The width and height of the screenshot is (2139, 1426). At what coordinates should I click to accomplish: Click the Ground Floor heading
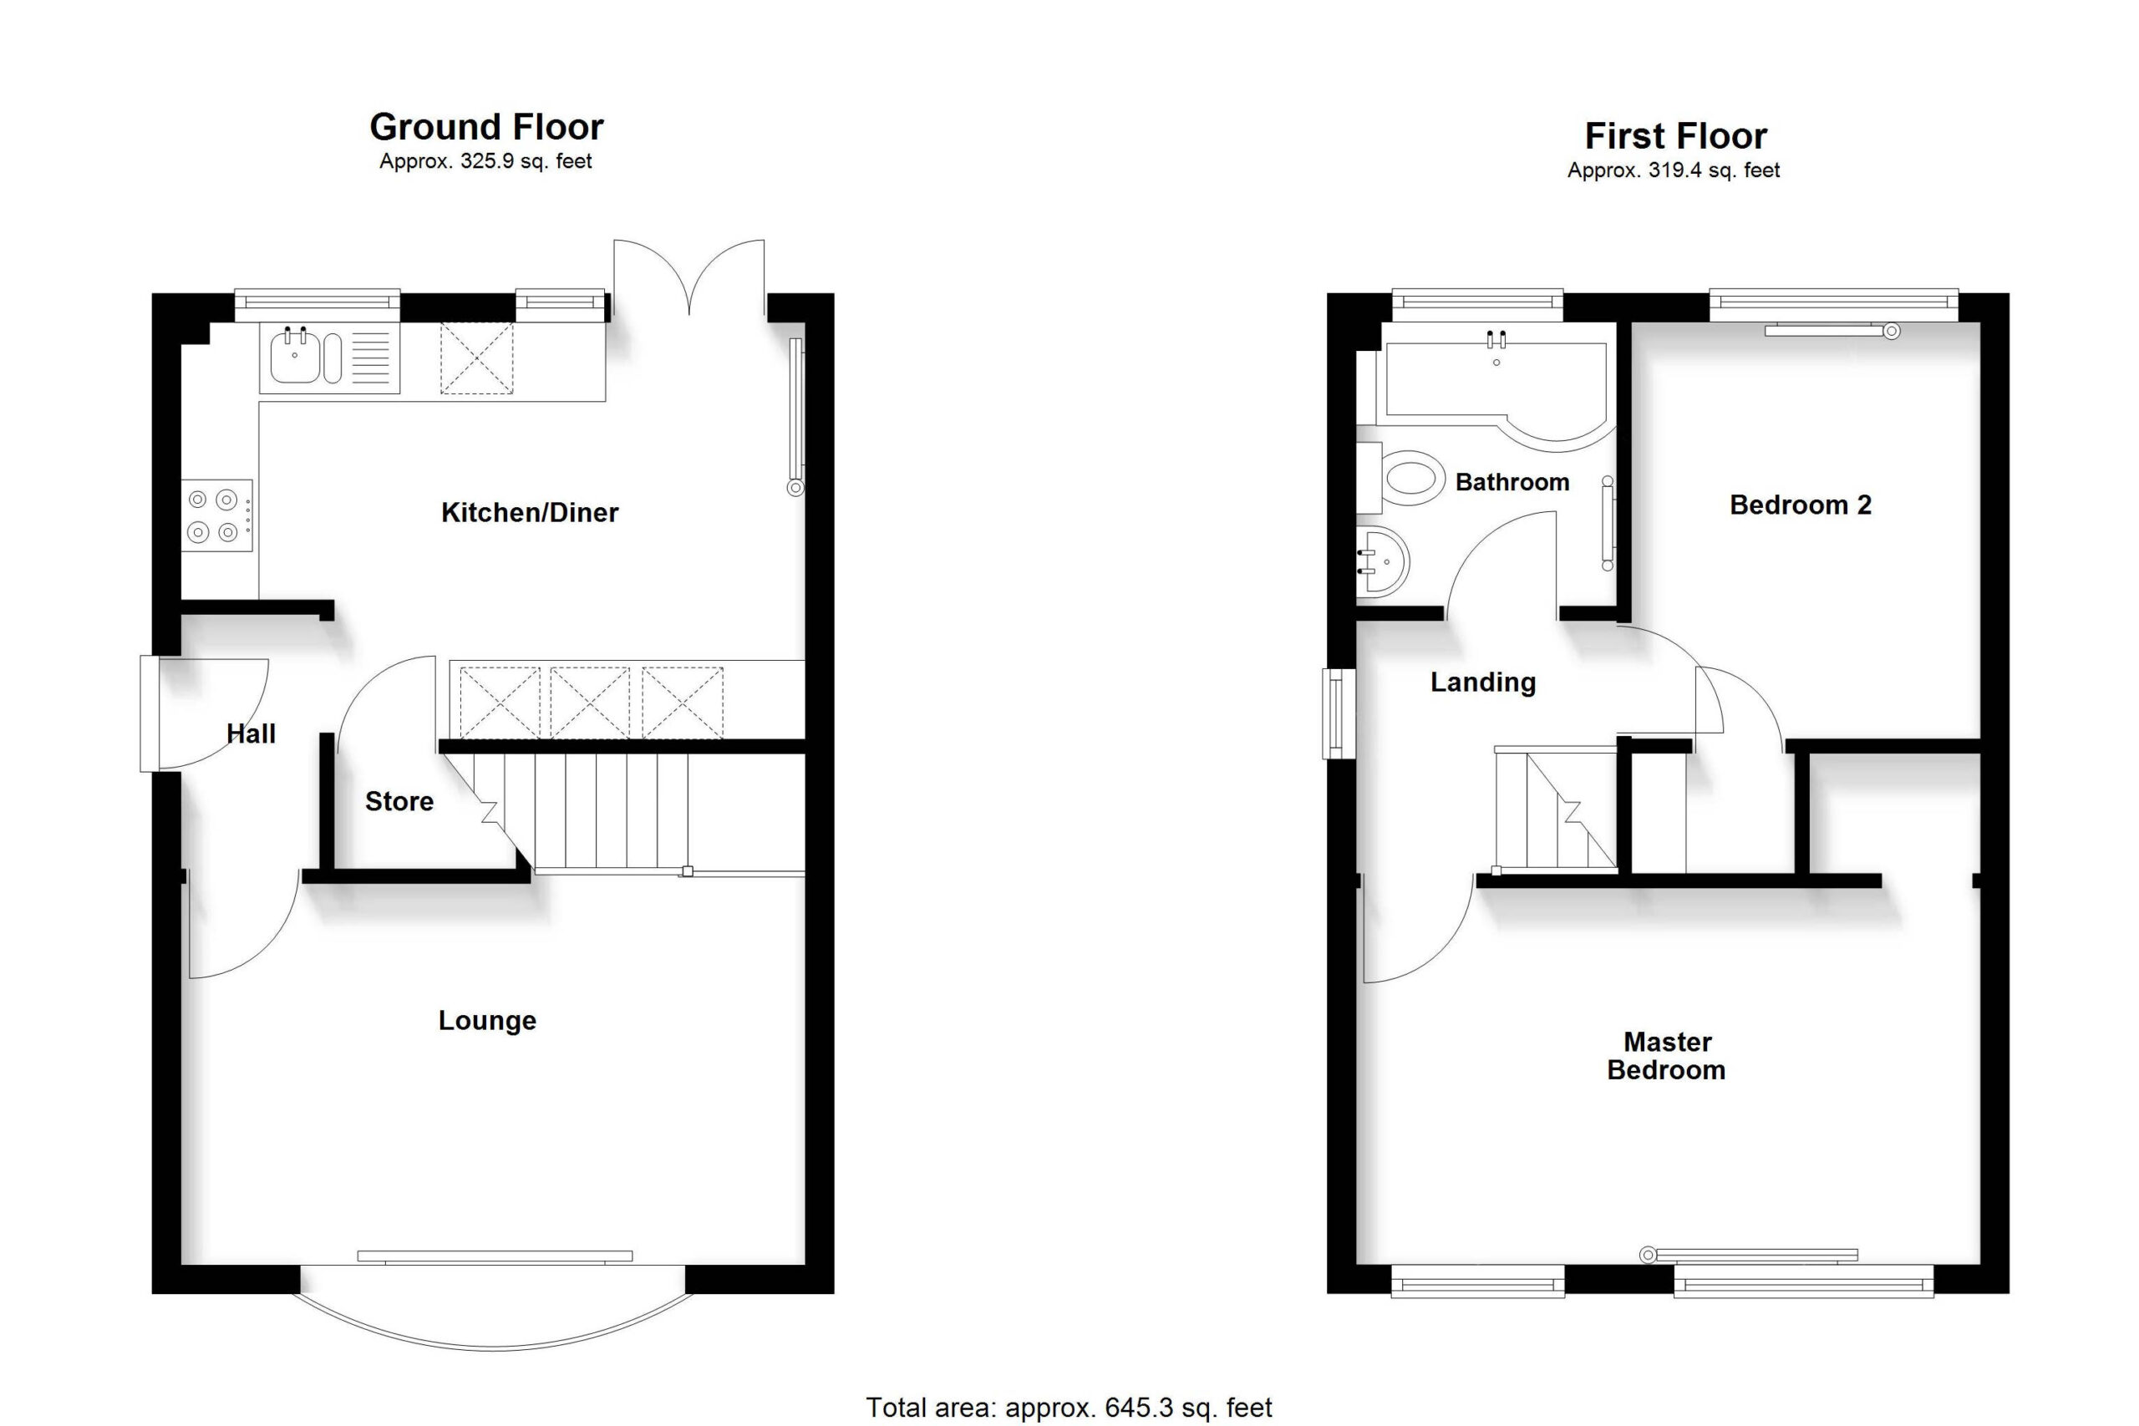click(x=486, y=127)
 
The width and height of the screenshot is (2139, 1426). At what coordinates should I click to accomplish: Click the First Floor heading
click(x=1675, y=136)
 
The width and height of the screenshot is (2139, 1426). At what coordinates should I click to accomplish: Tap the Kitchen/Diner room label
click(x=529, y=513)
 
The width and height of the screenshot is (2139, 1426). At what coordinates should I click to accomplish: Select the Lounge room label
click(x=487, y=1020)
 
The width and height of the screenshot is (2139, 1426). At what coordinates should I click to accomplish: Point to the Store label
click(x=399, y=801)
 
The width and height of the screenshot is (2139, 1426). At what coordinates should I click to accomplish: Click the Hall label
click(x=251, y=734)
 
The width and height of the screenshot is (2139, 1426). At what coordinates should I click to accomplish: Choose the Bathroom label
click(x=1512, y=482)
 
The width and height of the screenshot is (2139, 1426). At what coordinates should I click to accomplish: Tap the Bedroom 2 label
click(x=1801, y=505)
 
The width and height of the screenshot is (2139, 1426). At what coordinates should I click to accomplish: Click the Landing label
click(x=1483, y=682)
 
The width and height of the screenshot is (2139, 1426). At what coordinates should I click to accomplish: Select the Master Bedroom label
click(x=1667, y=1056)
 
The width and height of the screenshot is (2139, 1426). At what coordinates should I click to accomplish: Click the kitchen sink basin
click(x=295, y=358)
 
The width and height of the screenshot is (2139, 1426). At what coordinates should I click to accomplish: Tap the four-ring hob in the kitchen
click(x=217, y=515)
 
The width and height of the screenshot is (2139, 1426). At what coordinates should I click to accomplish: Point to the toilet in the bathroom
click(x=1400, y=478)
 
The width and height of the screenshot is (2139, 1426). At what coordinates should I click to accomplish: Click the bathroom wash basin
click(x=1382, y=561)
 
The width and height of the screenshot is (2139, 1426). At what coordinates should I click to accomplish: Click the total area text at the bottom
click(x=1069, y=1408)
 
